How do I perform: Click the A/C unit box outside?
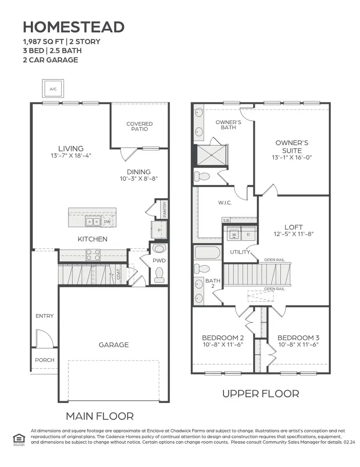point(53,89)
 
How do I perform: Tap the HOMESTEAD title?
point(74,27)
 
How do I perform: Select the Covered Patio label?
point(139,126)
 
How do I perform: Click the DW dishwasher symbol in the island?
point(107,221)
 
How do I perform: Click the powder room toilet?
point(159,274)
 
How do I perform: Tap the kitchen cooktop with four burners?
point(93,255)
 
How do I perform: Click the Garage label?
point(114,345)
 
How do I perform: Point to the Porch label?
point(44,360)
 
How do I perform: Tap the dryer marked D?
point(248,234)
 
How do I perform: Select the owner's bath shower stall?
point(212,154)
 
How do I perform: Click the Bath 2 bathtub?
point(207,253)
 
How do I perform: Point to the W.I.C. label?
point(225,202)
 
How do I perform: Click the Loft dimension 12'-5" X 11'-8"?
point(293,234)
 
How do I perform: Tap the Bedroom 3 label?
point(298,337)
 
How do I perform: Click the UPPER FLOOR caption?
point(260,393)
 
